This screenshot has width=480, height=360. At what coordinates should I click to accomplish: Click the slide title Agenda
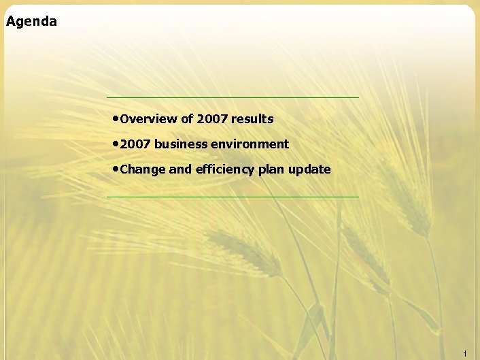31,22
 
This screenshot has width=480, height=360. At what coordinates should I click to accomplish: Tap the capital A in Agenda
10,21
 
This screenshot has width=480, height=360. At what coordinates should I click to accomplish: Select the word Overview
148,119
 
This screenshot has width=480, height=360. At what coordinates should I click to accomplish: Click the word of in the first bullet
187,119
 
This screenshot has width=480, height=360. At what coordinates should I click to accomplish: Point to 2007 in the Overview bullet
212,119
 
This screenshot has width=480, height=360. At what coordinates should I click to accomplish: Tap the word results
252,119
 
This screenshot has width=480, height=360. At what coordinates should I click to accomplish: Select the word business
180,144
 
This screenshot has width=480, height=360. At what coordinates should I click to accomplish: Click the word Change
142,169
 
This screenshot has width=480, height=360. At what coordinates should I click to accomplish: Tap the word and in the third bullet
180,169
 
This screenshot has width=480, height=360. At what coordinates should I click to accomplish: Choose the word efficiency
224,169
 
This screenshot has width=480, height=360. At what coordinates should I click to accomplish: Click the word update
309,169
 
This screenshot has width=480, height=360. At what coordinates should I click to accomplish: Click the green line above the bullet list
233,97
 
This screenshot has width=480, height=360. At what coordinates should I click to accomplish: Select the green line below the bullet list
233,197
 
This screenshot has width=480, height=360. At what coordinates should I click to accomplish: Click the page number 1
464,353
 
